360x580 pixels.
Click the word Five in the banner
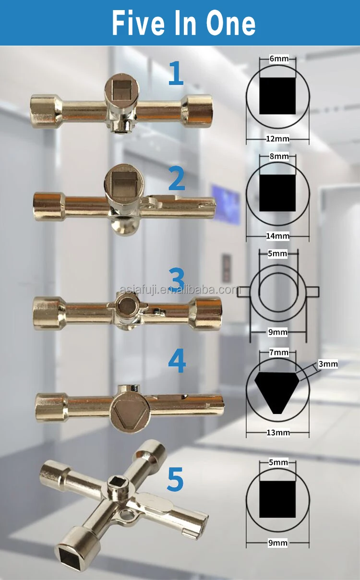click(138, 24)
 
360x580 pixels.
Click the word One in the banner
click(231, 24)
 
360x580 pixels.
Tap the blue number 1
click(176, 73)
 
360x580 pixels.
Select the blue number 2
click(177, 179)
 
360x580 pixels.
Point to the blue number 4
click(177, 361)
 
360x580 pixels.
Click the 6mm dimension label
click(279, 59)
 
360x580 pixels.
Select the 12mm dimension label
click(278, 139)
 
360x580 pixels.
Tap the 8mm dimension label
click(279, 157)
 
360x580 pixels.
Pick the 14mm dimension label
click(278, 236)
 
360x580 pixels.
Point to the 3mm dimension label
click(328, 364)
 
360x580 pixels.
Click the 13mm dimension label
click(278, 433)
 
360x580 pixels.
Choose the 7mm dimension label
click(279, 352)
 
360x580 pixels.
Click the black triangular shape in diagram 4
click(277, 389)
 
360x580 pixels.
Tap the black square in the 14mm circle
click(277, 193)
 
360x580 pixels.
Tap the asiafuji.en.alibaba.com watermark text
click(179, 290)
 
